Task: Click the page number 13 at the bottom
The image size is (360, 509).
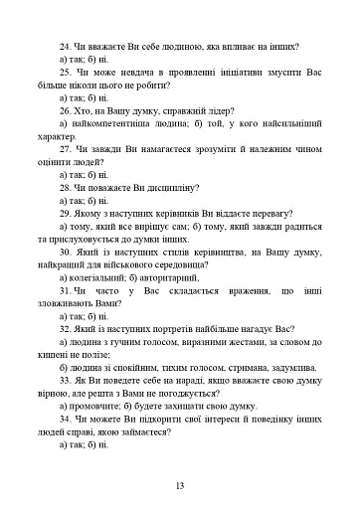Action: [180, 486]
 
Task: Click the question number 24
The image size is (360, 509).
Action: [65, 47]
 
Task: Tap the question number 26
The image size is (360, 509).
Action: [65, 115]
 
